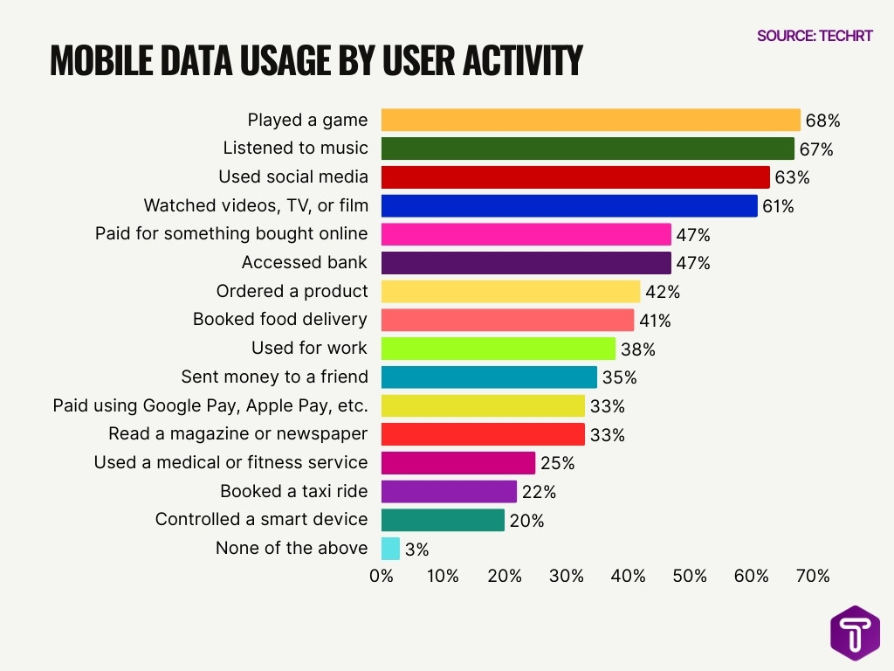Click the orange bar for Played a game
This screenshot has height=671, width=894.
click(x=590, y=120)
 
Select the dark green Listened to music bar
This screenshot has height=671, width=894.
click(x=588, y=149)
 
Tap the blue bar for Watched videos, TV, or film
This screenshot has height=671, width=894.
click(x=569, y=205)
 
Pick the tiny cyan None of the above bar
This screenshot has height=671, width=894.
click(x=390, y=549)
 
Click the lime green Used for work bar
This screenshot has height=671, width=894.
click(x=498, y=349)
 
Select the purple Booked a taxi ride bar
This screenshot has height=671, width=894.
click(x=449, y=491)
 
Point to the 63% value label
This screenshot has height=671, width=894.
click(x=792, y=178)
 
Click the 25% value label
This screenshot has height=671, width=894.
click(x=557, y=463)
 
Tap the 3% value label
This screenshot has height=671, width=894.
click(x=417, y=550)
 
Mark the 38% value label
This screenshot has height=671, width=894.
click(x=637, y=349)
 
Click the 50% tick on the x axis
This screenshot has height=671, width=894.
click(x=690, y=577)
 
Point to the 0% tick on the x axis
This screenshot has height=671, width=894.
click(x=382, y=577)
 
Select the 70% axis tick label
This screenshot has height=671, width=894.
click(x=813, y=577)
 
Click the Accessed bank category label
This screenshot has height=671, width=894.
click(x=305, y=262)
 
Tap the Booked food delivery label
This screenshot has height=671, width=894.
click(x=280, y=319)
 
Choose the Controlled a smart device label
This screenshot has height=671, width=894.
click(x=261, y=519)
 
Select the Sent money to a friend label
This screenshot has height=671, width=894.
click(x=274, y=377)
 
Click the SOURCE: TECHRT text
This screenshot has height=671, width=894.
click(x=815, y=36)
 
